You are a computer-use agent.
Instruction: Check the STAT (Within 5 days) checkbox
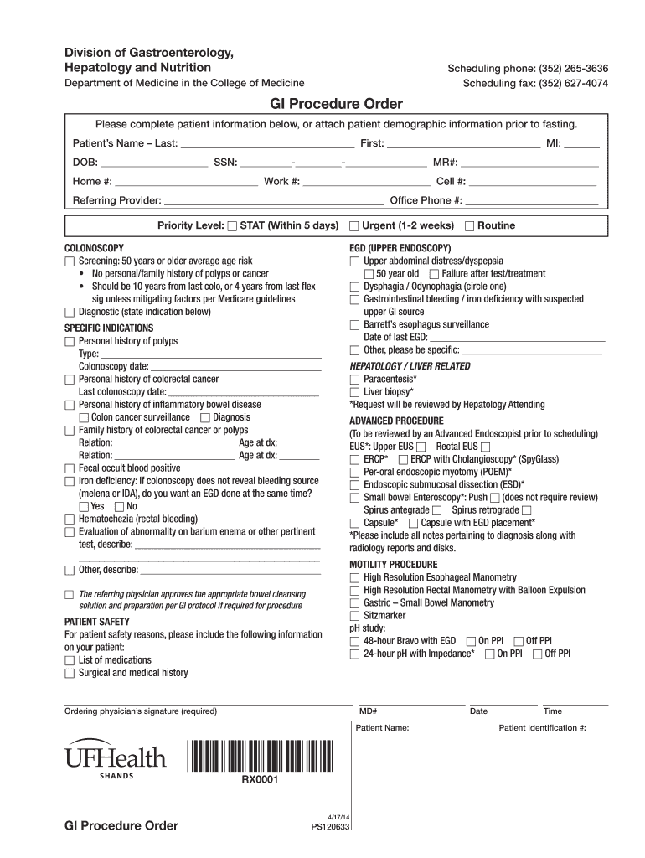coord(233,226)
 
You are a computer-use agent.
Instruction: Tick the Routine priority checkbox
coord(469,226)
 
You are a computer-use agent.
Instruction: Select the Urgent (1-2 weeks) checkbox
coord(354,226)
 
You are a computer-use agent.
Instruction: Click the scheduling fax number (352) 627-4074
coord(536,83)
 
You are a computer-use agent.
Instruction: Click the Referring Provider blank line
coord(273,201)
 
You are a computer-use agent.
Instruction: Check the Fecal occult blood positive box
coord(70,468)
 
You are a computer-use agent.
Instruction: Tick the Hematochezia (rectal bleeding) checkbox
coord(70,519)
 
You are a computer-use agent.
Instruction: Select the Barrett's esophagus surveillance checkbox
coord(354,325)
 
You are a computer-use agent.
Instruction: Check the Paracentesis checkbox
coord(354,380)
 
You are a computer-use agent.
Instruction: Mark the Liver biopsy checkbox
coord(354,392)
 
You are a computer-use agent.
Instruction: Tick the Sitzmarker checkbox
coord(354,616)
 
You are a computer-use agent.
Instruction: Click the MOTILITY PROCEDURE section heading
coord(393,565)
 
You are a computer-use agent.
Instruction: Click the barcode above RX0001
coord(260,757)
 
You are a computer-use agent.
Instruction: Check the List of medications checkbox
coord(70,660)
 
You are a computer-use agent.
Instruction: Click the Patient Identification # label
coord(542,728)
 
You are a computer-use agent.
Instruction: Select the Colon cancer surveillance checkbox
coord(83,417)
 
